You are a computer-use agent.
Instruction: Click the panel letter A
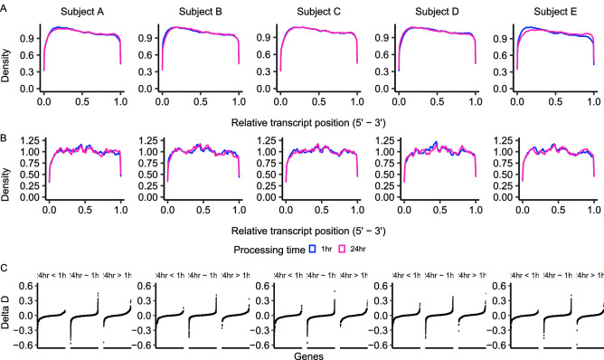5,6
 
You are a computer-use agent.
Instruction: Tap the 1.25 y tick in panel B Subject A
26,139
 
